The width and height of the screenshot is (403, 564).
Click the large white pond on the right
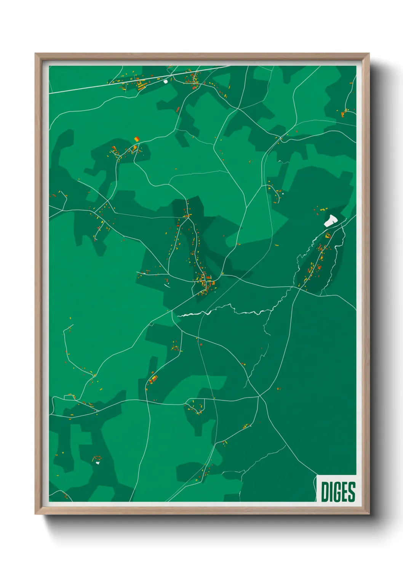(330, 220)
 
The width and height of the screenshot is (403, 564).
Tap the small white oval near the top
(165, 81)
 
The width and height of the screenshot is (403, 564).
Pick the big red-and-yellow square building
(136, 139)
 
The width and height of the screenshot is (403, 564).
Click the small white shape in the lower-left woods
(98, 463)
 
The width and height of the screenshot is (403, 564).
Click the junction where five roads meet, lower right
(259, 396)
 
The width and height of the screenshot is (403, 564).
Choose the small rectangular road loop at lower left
(70, 397)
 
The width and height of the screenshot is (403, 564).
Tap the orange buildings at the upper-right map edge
(344, 112)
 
